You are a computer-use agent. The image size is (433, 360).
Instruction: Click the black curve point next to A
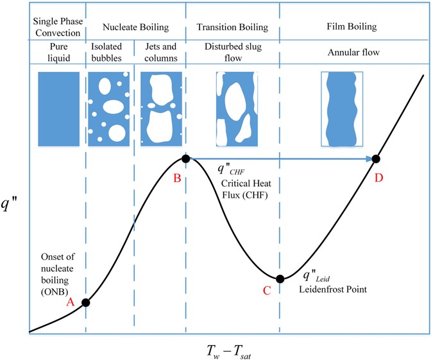tap(86, 303)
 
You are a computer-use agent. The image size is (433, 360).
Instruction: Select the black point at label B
tap(185, 159)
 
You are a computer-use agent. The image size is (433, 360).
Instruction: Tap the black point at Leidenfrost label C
tap(280, 279)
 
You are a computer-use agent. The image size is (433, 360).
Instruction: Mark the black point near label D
tap(377, 159)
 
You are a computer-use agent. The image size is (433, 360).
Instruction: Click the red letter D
tap(379, 178)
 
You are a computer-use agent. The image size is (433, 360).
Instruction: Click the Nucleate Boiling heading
tap(135, 28)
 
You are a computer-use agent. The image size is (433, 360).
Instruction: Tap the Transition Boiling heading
tap(233, 28)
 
